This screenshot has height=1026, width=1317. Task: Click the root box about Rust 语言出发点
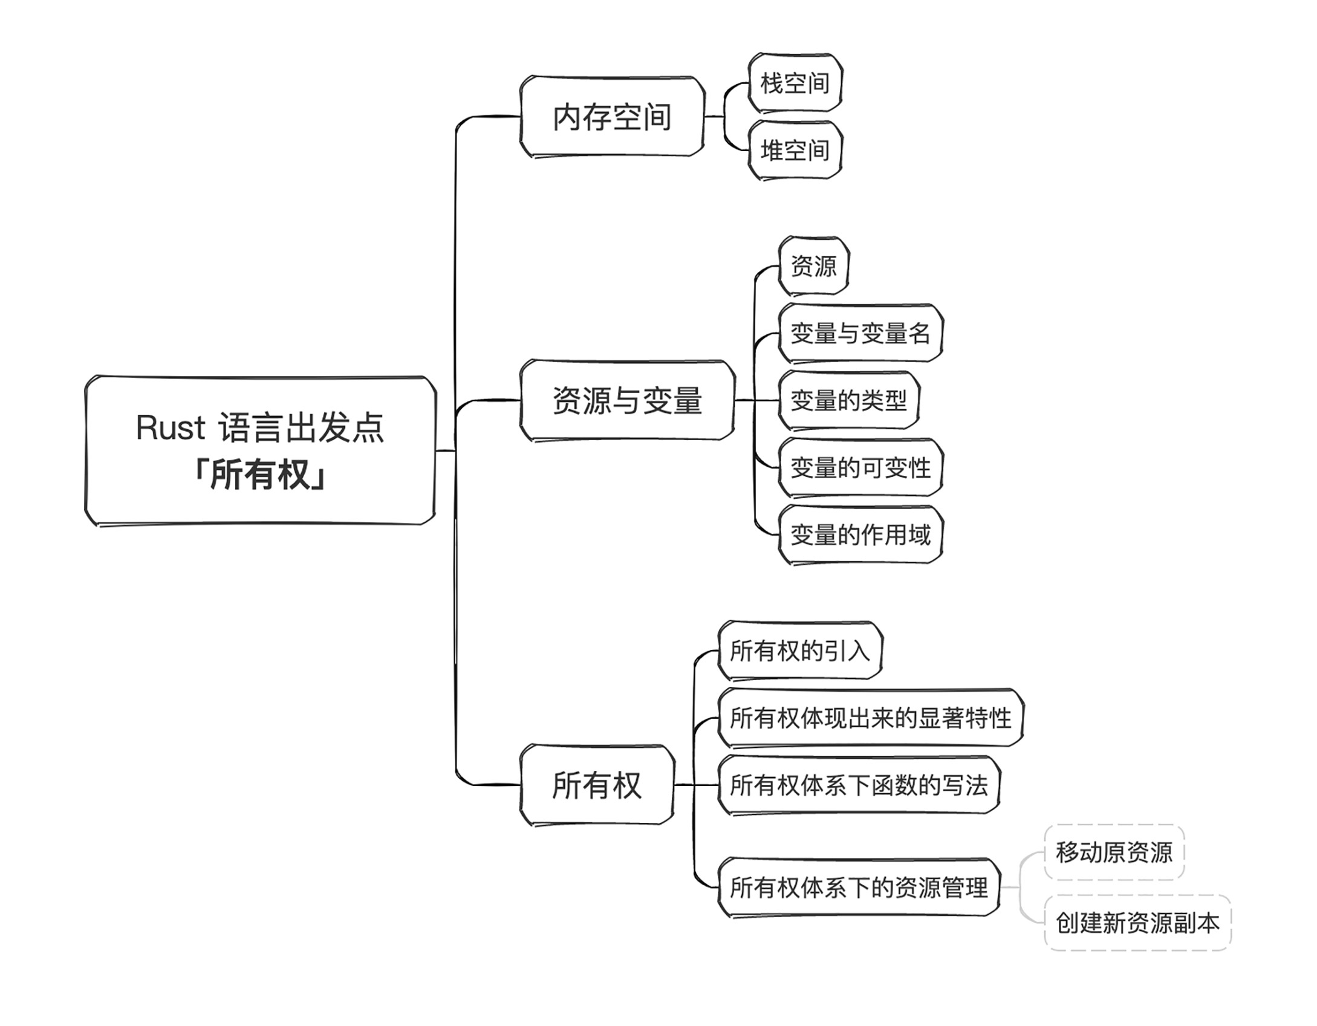pyautogui.click(x=260, y=450)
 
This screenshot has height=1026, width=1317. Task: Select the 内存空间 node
pyautogui.click(x=612, y=117)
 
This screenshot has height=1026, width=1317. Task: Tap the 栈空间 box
pyautogui.click(x=795, y=83)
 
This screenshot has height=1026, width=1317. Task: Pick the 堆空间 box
pyautogui.click(x=795, y=150)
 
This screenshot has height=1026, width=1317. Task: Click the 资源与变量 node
pyautogui.click(x=627, y=400)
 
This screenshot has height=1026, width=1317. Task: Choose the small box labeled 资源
pyautogui.click(x=814, y=265)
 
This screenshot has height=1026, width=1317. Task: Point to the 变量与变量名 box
pyautogui.click(x=860, y=333)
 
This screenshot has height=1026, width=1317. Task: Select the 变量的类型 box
pyautogui.click(x=849, y=400)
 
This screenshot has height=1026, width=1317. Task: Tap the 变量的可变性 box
pyautogui.click(x=860, y=467)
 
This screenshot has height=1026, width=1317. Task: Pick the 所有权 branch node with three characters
pyautogui.click(x=597, y=785)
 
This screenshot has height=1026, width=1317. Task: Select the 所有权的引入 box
pyautogui.click(x=800, y=651)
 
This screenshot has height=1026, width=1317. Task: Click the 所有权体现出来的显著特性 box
pyautogui.click(x=871, y=718)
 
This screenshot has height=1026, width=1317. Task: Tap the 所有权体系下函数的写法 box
pyautogui.click(x=859, y=785)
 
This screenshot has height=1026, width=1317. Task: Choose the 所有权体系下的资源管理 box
pyautogui.click(x=859, y=888)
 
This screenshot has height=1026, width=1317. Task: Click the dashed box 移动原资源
pyautogui.click(x=1114, y=852)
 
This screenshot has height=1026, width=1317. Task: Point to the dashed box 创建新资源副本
pyautogui.click(x=1137, y=923)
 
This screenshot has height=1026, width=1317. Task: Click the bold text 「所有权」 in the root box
pyautogui.click(x=260, y=475)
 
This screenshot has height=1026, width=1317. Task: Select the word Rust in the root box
pyautogui.click(x=171, y=427)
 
